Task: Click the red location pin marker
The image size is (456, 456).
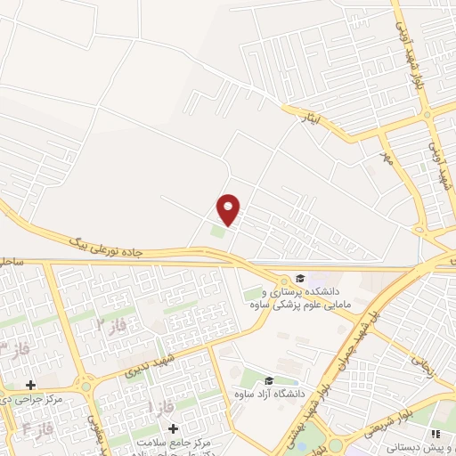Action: point(229,208)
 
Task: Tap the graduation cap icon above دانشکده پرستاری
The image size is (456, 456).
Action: point(299,278)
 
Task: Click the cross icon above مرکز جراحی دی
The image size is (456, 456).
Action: point(31,386)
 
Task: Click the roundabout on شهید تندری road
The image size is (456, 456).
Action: point(87,385)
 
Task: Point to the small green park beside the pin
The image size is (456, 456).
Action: point(217,232)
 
